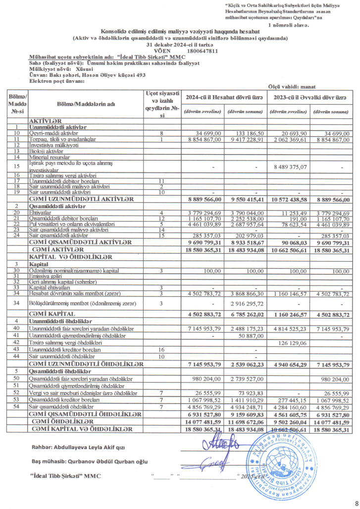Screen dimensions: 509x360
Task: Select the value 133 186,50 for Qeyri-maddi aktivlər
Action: pos(246,134)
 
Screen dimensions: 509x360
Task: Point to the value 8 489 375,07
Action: pos(289,168)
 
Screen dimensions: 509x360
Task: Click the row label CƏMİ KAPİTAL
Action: pos(52,314)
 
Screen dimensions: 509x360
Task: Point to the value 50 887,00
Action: pos(246,335)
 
